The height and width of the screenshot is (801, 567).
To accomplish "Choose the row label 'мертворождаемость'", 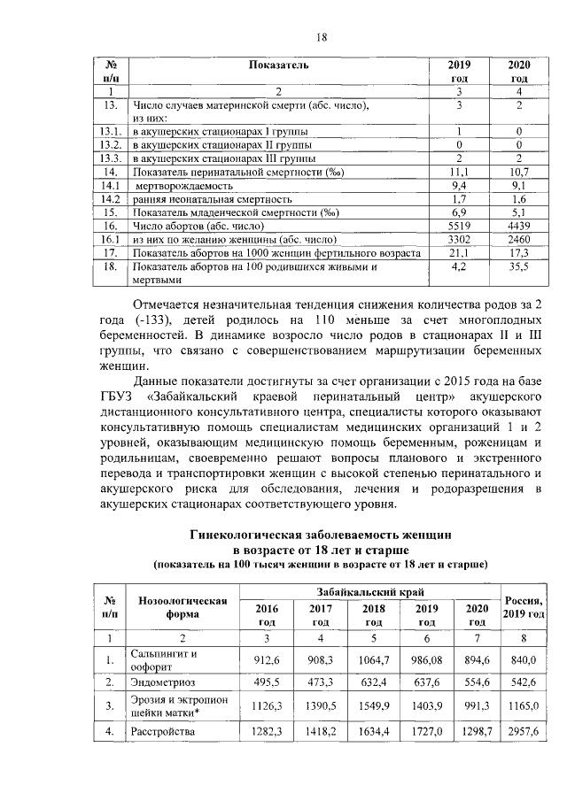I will pyautogui.click(x=183, y=186).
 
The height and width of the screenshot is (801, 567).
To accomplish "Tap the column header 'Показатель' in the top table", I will pyautogui.click(x=277, y=65).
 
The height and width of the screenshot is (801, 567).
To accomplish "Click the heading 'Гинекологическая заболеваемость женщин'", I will pyautogui.click(x=322, y=535).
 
